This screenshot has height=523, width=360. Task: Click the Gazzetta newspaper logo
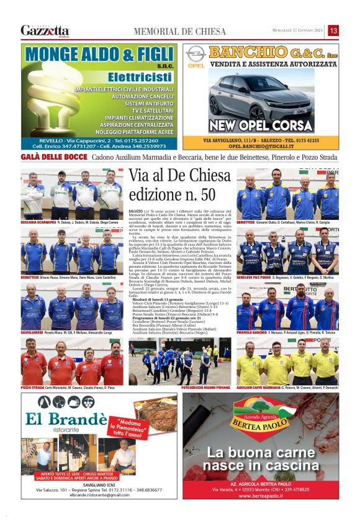[45, 30]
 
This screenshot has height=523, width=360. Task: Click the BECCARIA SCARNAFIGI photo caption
[38, 221]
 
